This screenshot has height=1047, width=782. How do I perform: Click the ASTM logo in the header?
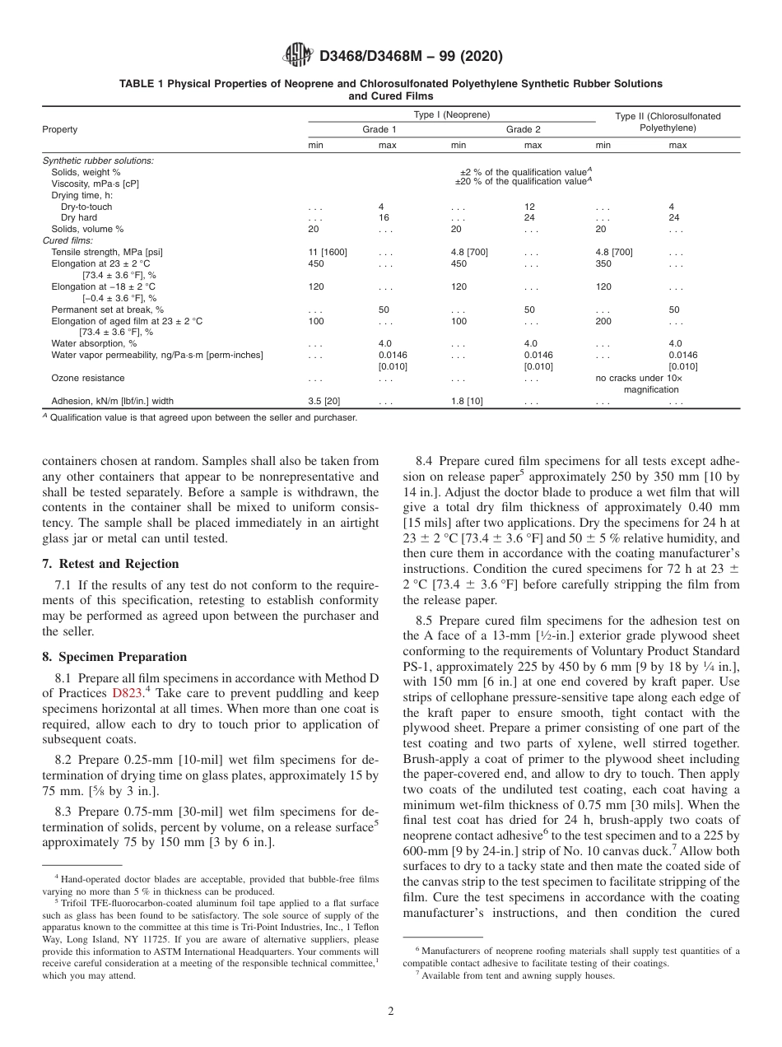click(x=298, y=55)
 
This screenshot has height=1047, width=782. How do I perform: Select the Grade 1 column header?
click(x=379, y=130)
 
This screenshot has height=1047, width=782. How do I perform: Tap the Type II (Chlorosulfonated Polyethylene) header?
click(x=668, y=123)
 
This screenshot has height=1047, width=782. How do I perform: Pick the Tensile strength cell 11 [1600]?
click(x=328, y=252)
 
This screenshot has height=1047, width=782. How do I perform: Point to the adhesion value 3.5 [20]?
click(x=324, y=401)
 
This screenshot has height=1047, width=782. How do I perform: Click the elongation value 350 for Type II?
click(x=604, y=263)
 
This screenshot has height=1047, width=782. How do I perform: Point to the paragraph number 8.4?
click(x=426, y=463)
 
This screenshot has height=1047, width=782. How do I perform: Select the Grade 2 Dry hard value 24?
click(x=531, y=218)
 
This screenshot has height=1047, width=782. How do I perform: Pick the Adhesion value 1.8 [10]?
click(x=468, y=401)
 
